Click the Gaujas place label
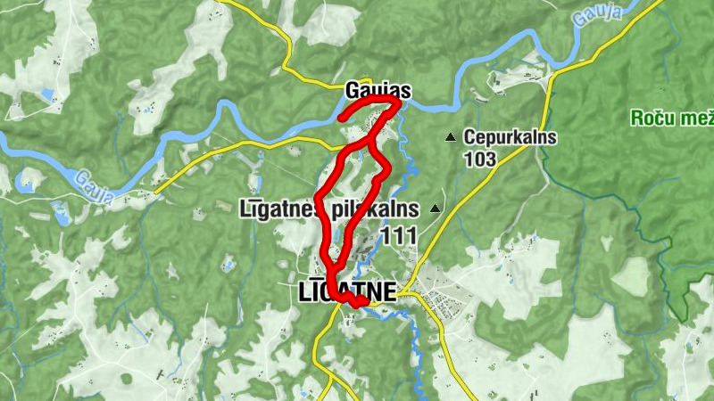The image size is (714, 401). [378, 91]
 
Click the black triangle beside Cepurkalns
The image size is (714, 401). [451, 137]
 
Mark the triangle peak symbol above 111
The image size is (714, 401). [436, 209]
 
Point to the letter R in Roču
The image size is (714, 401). [636, 118]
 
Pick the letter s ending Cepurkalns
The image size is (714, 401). [552, 138]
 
